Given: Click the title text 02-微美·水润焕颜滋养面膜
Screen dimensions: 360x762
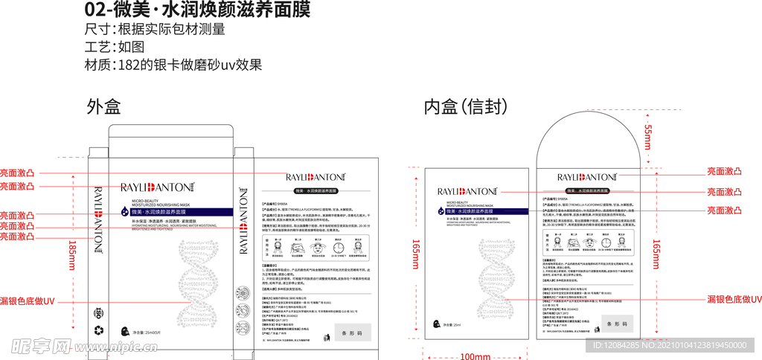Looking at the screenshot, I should tap(196, 10).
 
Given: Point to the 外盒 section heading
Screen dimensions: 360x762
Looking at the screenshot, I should tap(103, 107).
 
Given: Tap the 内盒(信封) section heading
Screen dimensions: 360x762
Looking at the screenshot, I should tap(466, 107).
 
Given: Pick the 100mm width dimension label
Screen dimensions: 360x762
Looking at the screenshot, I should tap(475, 356).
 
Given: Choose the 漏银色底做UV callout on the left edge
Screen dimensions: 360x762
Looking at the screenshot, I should tap(28, 300).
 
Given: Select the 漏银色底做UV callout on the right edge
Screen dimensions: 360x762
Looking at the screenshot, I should tap(734, 299).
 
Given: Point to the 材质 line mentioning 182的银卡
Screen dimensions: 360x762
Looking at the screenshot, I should tap(174, 65).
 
